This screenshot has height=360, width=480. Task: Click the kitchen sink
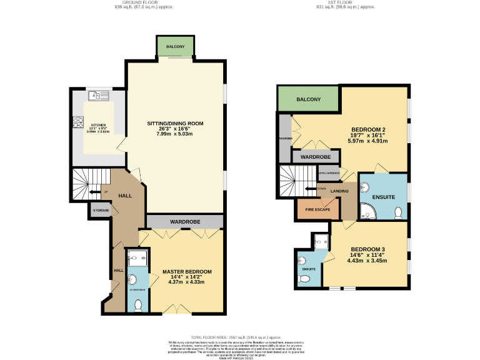click(99, 96)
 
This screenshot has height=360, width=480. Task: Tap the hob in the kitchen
click(79, 122)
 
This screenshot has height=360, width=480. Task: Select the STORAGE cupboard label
click(101, 210)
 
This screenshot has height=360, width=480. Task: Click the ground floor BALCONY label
click(174, 46)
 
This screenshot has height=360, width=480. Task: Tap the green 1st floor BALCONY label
click(308, 99)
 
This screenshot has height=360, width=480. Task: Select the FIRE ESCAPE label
click(318, 209)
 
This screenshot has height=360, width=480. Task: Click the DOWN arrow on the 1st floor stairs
click(310, 189)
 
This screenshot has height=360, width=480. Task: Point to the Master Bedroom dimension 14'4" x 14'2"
click(187, 277)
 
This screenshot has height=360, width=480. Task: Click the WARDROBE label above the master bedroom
click(184, 221)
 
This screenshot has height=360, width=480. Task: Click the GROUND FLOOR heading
click(144, 2)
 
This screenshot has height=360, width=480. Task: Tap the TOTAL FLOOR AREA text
click(239, 336)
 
